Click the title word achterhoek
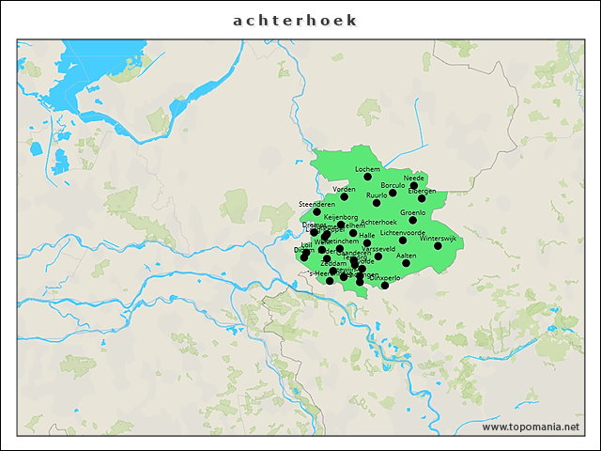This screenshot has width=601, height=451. tap(296, 21)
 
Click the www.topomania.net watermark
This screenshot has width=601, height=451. tap(531, 427)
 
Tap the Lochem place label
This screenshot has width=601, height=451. tap(367, 169)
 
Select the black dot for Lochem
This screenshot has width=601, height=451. tap(367, 177)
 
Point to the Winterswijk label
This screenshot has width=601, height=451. tap(438, 238)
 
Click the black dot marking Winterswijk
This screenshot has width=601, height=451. tap(438, 245)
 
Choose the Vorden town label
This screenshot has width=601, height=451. tap(344, 189)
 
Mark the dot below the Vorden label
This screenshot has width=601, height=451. tap(344, 196)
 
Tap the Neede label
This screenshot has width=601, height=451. tap(414, 178)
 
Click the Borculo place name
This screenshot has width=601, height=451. tap(393, 185)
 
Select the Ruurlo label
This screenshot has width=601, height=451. tap(377, 194)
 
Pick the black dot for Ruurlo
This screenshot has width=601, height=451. tap(377, 202)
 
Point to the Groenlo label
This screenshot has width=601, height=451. tap(412, 212)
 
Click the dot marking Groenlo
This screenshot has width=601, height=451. tap(412, 220)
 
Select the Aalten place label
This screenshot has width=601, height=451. tap(407, 256)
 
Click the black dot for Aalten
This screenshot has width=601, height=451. tap(407, 263)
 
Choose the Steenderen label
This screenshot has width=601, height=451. tap(316, 204)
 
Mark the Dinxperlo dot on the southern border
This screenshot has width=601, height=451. tap(384, 285)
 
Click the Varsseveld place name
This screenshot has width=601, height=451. tap(378, 248)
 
